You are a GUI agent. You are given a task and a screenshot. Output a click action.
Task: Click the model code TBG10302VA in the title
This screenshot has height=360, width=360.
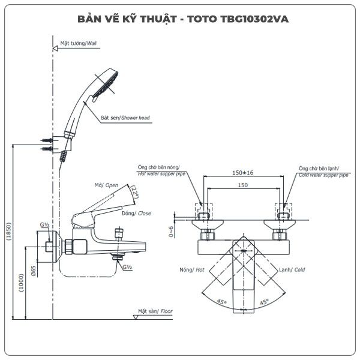254,19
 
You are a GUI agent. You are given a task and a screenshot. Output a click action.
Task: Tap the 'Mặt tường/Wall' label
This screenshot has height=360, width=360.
78,43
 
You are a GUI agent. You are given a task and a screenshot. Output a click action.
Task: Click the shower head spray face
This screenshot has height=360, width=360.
106,85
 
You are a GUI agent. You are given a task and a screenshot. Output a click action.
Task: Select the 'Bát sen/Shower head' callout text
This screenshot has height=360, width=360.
125,118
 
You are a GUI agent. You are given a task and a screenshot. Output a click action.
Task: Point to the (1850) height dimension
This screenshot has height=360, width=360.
9,231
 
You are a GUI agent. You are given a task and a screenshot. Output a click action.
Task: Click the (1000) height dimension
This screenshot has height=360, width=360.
22,283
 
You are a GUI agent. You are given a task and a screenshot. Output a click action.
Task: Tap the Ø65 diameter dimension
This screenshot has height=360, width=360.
34,271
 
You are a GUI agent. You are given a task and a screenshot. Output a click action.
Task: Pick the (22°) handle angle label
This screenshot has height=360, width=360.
134,191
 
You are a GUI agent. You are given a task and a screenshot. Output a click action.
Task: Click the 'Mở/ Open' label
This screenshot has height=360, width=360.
106,185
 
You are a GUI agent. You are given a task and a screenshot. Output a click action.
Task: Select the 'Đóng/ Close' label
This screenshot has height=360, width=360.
136,213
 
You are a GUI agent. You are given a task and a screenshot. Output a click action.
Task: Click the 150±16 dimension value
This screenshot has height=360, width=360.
243,172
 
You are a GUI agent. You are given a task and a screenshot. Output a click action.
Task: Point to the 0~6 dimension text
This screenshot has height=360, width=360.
172,232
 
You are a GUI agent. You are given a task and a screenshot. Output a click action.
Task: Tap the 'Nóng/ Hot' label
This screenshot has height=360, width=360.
192,270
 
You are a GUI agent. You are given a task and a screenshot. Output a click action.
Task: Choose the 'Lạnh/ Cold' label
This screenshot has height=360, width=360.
292,270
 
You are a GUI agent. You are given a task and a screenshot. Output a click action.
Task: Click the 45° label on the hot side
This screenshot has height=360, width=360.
222,302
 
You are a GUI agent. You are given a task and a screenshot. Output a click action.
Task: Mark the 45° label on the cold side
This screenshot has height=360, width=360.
264,302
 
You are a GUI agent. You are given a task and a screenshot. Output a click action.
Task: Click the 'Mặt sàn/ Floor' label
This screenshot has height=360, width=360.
155,311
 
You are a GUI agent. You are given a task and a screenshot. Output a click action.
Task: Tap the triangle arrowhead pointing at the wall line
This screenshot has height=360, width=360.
55,49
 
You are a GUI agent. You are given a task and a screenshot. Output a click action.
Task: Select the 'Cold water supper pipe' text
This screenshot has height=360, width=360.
323,175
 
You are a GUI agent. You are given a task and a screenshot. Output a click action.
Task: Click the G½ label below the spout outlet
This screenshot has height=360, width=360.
127,267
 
